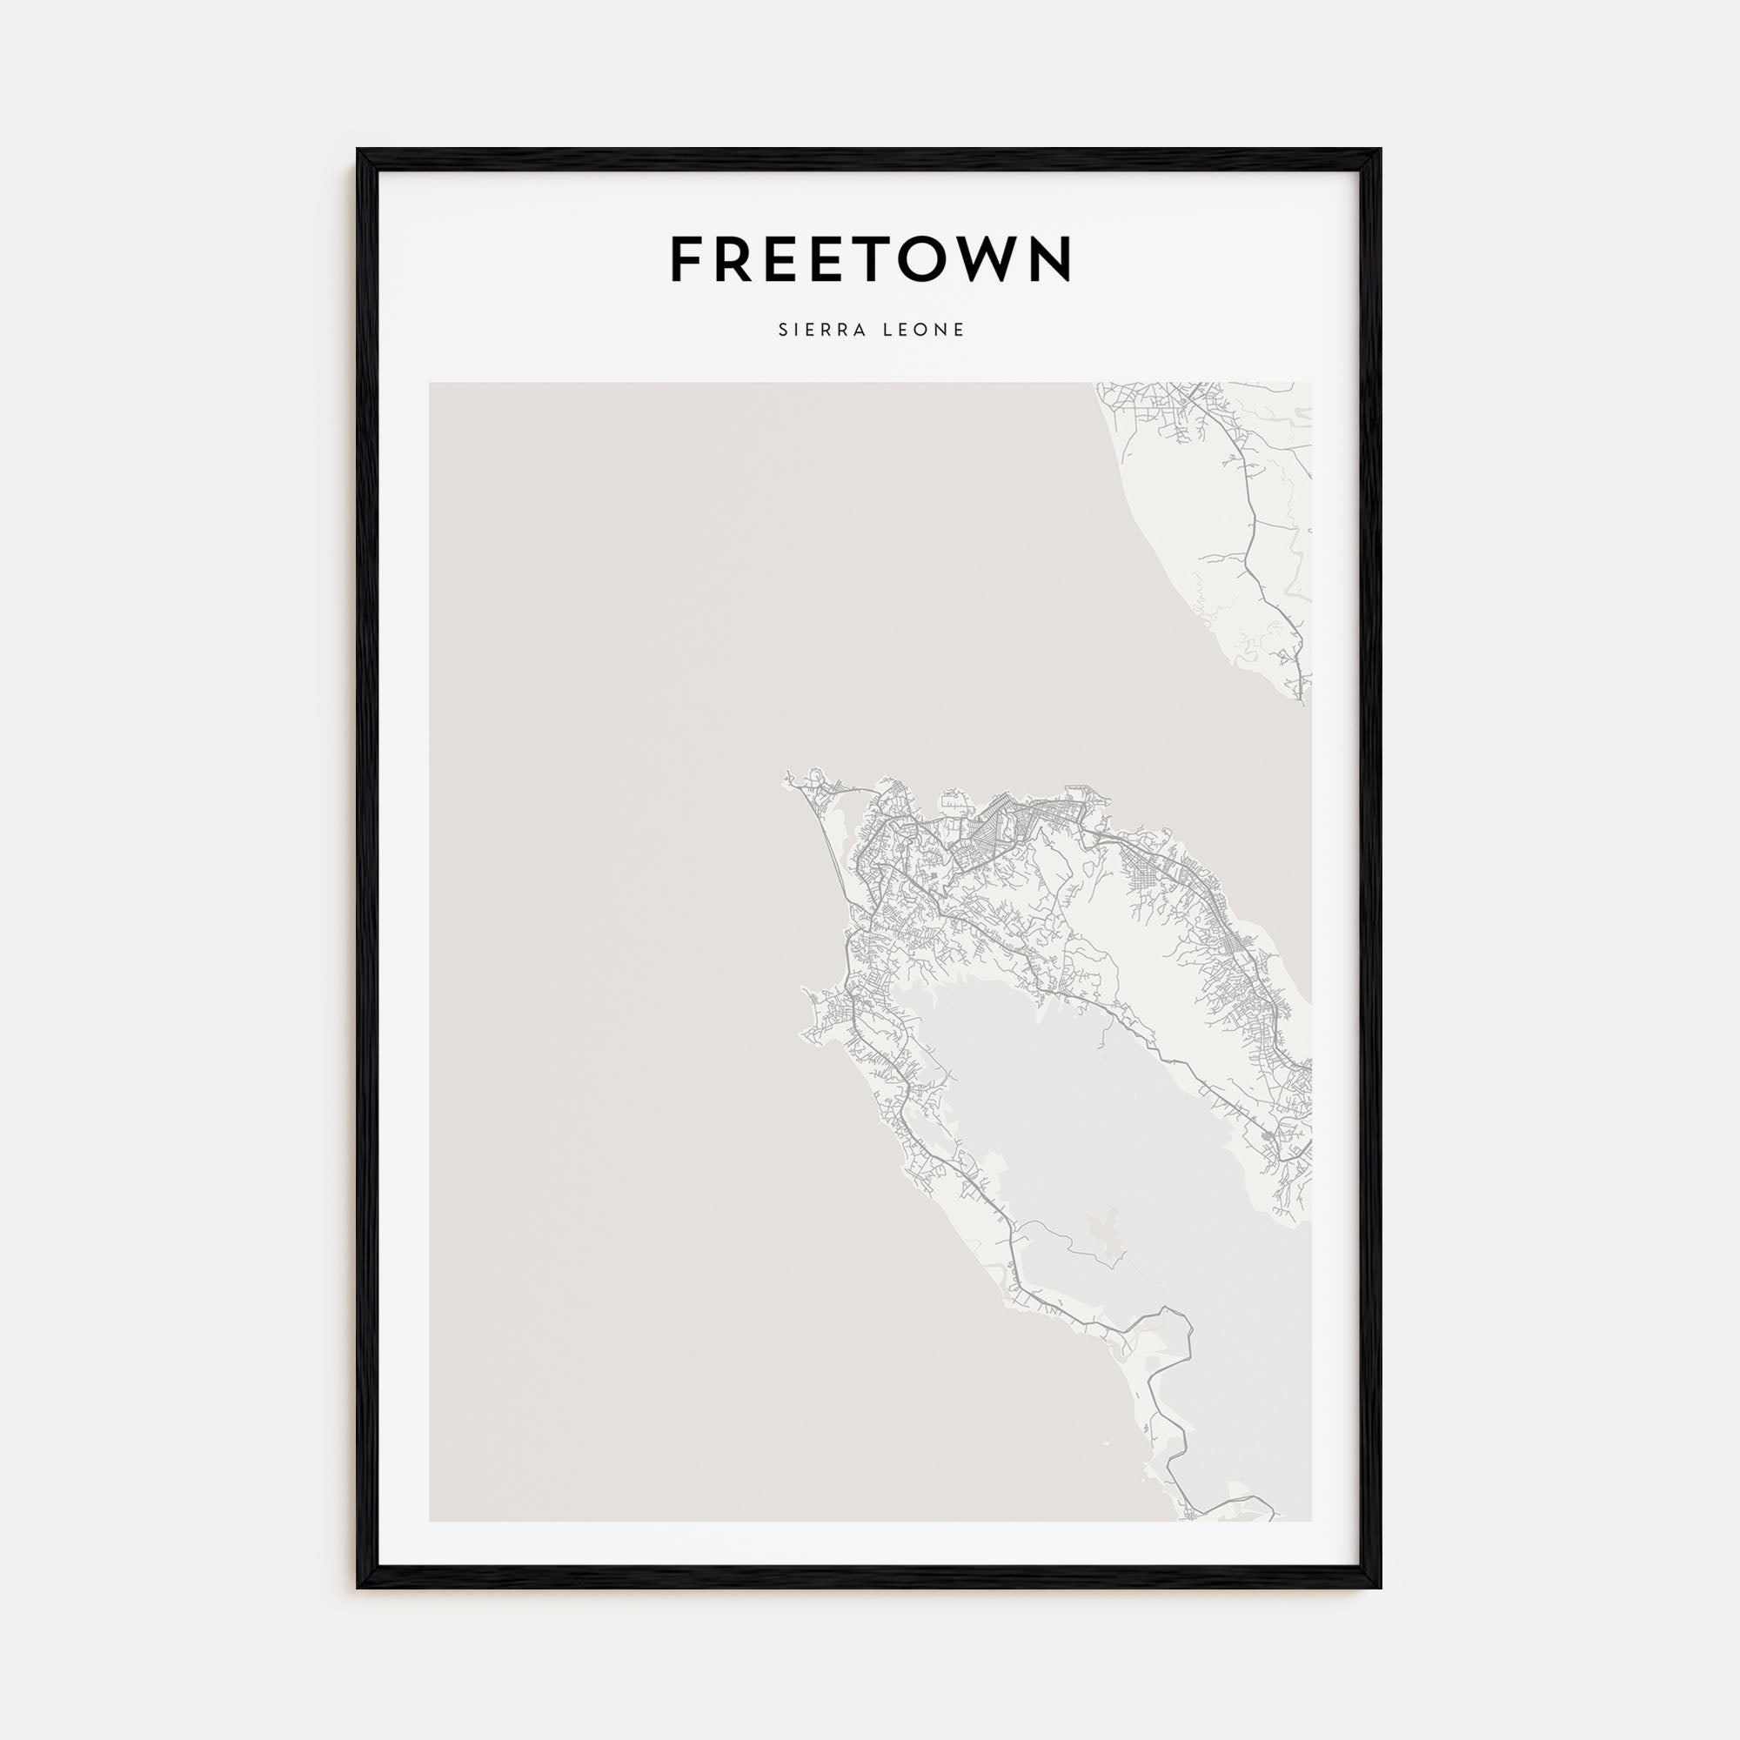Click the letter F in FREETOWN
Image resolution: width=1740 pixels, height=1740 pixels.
[686, 259]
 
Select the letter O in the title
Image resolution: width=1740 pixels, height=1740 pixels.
[914, 259]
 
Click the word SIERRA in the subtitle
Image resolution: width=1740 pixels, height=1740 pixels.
[819, 331]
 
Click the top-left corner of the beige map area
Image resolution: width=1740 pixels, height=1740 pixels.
[431, 384]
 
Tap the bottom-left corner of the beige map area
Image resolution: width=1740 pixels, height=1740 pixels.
[431, 1521]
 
